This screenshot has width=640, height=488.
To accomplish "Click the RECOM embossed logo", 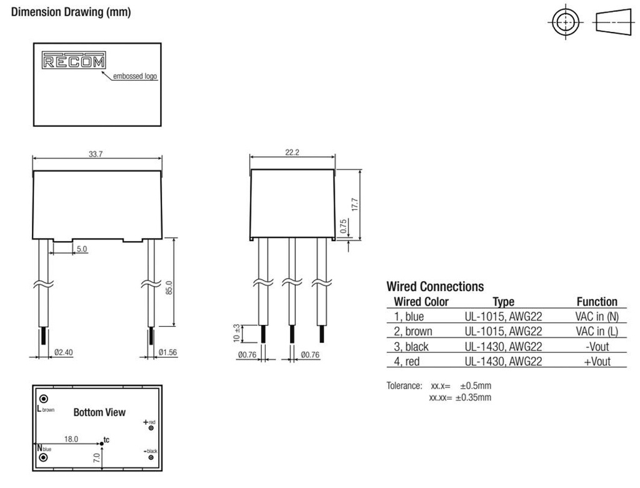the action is click(74, 60).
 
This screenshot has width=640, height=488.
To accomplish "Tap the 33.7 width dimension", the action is click(96, 154).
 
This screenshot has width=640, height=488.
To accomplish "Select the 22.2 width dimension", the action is click(292, 152).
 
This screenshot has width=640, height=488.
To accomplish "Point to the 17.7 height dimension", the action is click(355, 204).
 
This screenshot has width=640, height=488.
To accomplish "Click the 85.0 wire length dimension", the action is click(169, 287).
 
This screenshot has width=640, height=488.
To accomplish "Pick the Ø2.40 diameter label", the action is click(63, 352).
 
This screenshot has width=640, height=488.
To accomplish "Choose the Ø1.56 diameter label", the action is click(167, 352).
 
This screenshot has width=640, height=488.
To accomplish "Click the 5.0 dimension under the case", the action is click(82, 249).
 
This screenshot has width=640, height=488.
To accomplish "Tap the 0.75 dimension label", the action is click(343, 227).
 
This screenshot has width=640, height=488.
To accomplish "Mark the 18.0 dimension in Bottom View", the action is click(71, 439).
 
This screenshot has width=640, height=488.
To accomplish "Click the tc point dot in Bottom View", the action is click(102, 444).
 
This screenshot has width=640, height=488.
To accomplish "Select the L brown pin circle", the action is click(44, 399).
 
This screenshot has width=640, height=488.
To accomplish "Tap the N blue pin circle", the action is click(43, 457).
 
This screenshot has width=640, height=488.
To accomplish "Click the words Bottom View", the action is click(99, 412).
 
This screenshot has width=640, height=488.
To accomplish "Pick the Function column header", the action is click(597, 302).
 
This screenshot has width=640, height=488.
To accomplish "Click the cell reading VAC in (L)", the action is click(597, 331).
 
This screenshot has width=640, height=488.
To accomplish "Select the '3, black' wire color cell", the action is click(411, 346).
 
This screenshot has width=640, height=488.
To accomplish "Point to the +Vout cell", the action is click(597, 361).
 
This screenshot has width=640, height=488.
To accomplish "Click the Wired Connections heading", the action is click(435, 286).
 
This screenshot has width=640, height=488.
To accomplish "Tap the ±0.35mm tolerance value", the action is click(474, 397).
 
